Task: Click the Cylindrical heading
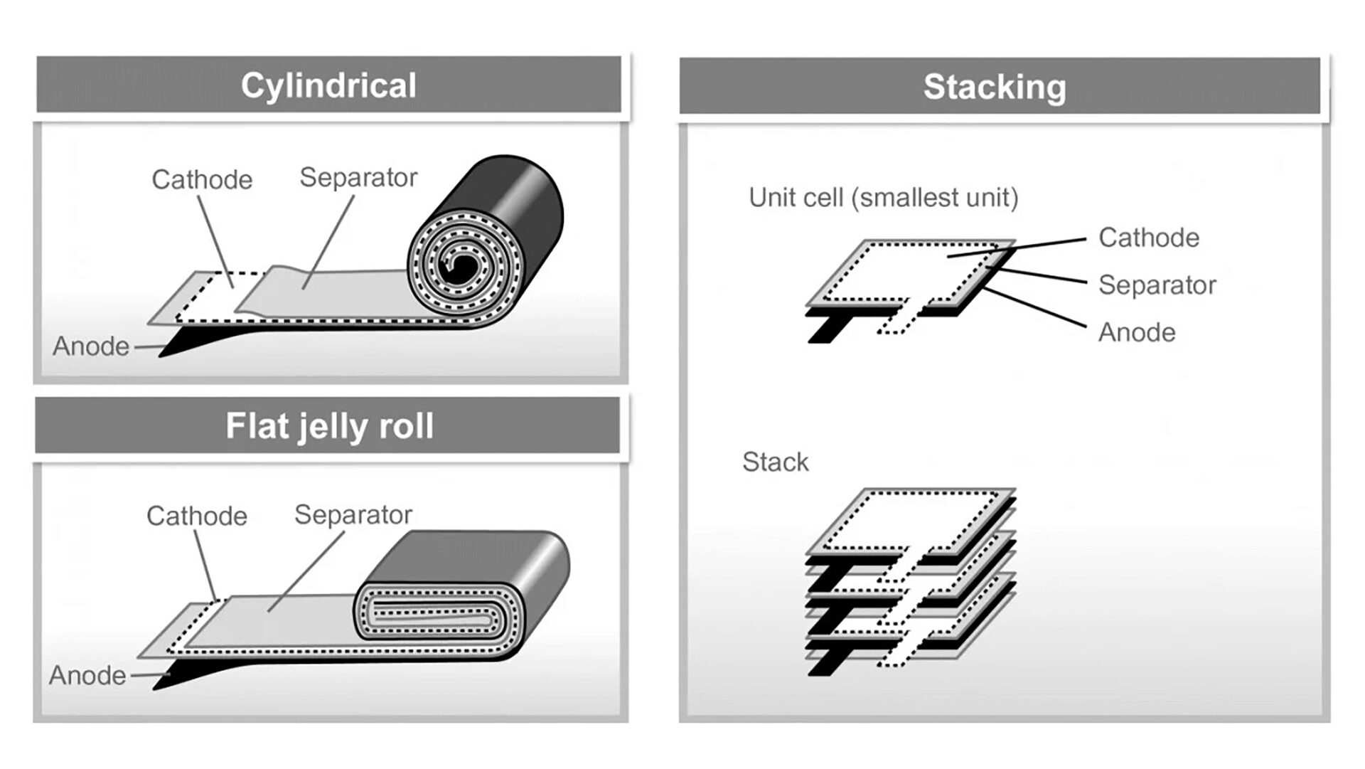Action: [x=328, y=85]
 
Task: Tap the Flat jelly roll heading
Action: [x=329, y=426]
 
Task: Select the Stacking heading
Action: [x=995, y=87]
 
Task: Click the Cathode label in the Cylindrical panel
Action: [x=202, y=179]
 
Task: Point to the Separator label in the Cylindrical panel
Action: [x=358, y=177]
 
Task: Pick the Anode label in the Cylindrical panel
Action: [x=91, y=346]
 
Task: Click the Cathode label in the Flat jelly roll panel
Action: [x=197, y=516]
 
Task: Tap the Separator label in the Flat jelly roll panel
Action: [x=353, y=514]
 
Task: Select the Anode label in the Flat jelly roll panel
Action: [x=87, y=675]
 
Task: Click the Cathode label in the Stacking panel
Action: [x=1148, y=238]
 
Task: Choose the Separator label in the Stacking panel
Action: [x=1157, y=285]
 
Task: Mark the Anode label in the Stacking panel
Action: [x=1137, y=332]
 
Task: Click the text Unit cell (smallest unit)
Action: [x=883, y=198]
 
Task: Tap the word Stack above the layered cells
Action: [x=775, y=462]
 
